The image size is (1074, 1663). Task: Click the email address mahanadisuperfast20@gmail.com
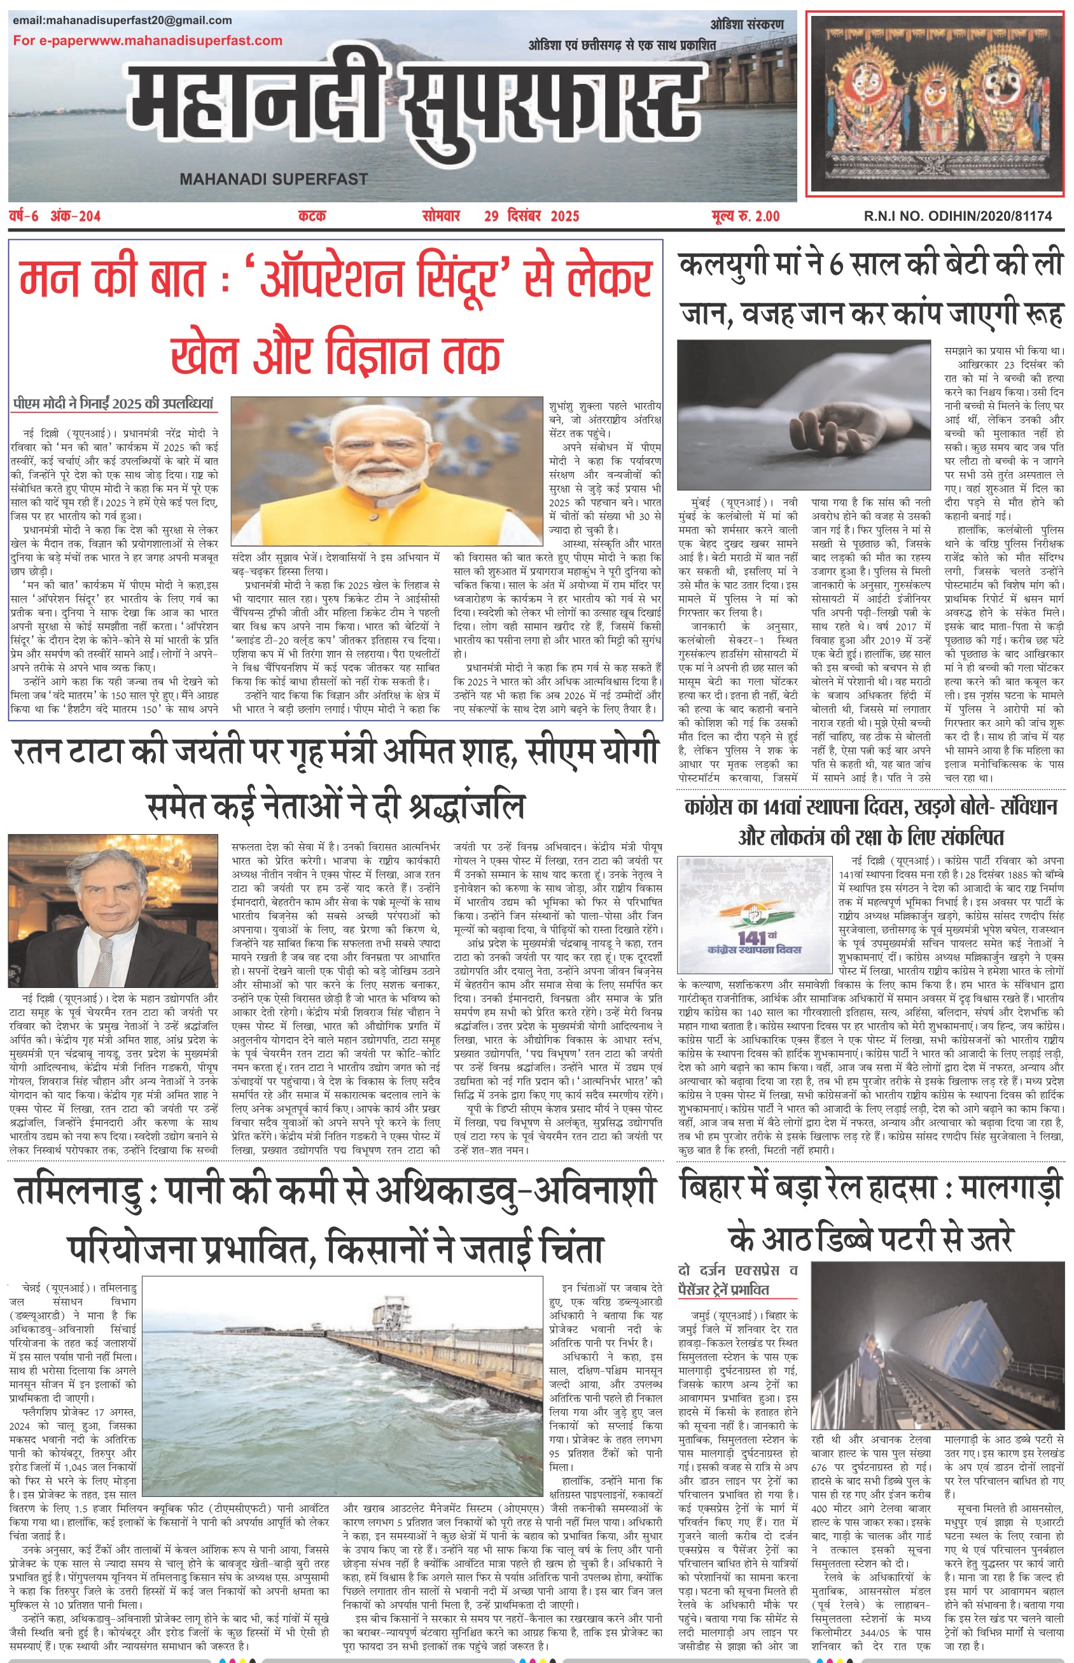coord(122,20)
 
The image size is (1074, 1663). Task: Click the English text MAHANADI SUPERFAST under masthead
coord(274,179)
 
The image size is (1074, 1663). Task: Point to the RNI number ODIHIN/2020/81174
coord(990,216)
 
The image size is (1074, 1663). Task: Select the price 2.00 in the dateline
coord(767,216)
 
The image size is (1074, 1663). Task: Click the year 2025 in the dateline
coord(565,216)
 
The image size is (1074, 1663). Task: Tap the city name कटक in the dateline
coord(312,216)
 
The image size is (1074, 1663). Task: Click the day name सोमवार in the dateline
coord(441,216)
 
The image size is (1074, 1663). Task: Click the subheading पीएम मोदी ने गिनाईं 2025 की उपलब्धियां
coord(113,404)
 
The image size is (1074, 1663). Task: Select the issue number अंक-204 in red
coord(75,216)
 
